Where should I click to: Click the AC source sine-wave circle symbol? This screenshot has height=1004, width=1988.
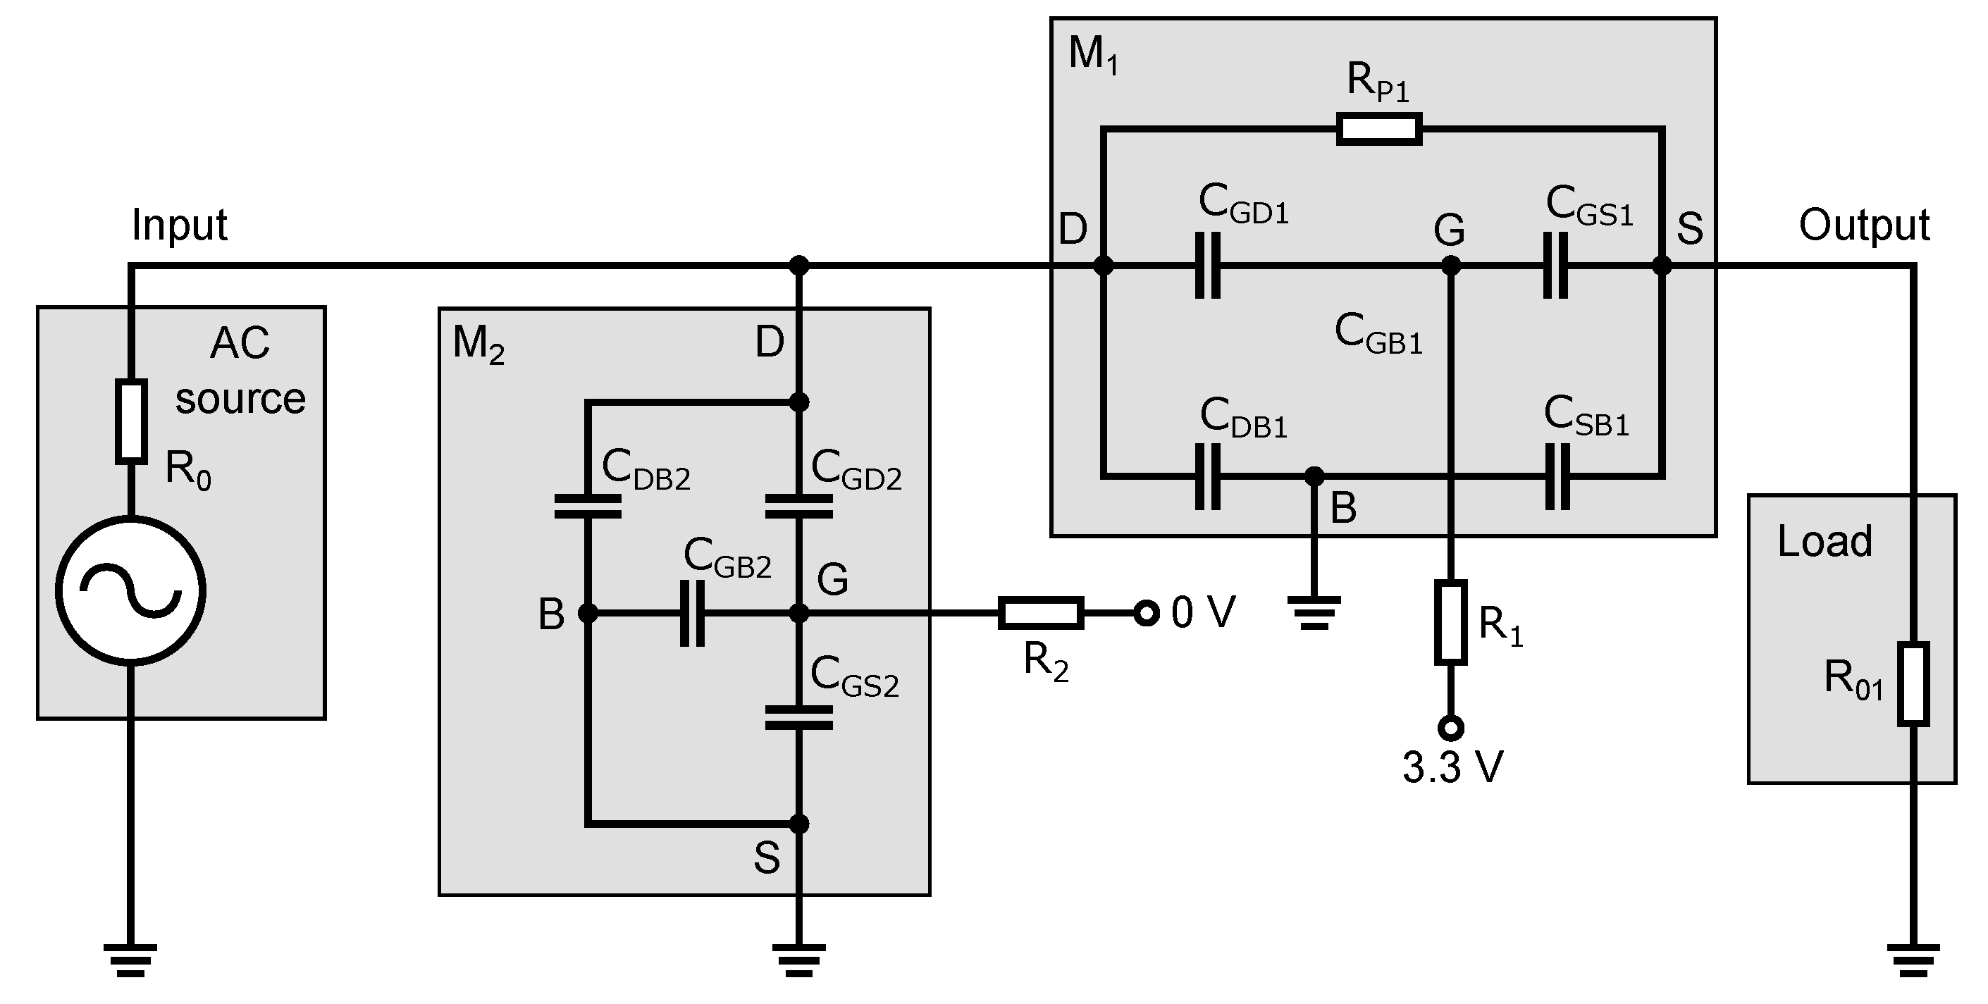(x=130, y=590)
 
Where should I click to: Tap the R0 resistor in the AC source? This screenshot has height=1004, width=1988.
(x=130, y=421)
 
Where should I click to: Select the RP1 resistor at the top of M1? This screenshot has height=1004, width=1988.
(x=1378, y=129)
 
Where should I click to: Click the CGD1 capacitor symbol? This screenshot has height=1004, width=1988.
(x=1208, y=266)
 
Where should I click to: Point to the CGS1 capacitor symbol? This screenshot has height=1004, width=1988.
(x=1556, y=266)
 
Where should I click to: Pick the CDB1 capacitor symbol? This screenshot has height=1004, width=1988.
(x=1208, y=476)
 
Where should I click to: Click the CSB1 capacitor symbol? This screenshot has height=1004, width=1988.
(x=1557, y=476)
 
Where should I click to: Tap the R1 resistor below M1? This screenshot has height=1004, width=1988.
(x=1450, y=623)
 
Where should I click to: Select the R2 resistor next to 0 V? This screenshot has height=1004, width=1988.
(x=1040, y=614)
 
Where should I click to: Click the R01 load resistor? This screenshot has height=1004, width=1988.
(x=1913, y=683)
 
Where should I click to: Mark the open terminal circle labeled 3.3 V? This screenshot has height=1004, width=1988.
(x=1450, y=728)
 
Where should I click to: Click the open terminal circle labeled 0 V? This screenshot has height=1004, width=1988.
(x=1147, y=614)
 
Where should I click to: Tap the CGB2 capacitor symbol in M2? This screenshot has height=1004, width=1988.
(x=692, y=614)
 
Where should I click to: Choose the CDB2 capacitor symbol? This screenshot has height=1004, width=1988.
(x=587, y=507)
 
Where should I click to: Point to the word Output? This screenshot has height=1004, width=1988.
(x=1863, y=225)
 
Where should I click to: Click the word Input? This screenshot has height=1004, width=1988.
(x=179, y=225)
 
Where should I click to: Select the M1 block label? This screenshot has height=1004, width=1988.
(x=1093, y=56)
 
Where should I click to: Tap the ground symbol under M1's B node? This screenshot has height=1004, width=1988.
(x=1314, y=612)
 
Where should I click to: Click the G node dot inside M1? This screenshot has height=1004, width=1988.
(x=1450, y=266)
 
